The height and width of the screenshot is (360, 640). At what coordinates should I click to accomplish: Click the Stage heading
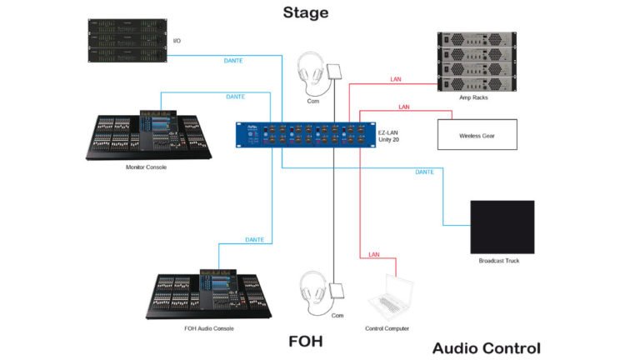coord(305,12)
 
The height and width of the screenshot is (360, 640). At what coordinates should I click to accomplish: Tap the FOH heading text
coord(305,340)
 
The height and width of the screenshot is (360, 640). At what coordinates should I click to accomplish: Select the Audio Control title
coord(487,347)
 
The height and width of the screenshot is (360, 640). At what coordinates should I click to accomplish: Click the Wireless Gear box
coord(477,135)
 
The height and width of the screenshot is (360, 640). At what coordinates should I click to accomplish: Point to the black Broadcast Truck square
coord(502,227)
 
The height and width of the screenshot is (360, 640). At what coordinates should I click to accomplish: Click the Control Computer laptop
coord(390,297)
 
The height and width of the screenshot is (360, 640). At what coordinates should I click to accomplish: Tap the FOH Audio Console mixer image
coord(207,293)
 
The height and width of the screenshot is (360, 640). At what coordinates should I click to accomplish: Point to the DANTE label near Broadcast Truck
coord(424,172)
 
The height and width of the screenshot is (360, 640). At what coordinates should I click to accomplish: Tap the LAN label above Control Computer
coord(374,254)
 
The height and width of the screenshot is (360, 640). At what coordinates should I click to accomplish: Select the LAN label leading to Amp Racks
coord(396,80)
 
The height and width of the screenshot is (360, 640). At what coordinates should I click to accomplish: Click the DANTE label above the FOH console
coord(255,240)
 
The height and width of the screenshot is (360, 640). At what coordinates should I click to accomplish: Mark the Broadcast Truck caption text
coord(499,262)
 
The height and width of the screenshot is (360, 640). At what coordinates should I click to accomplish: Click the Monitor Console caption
coord(146,167)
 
